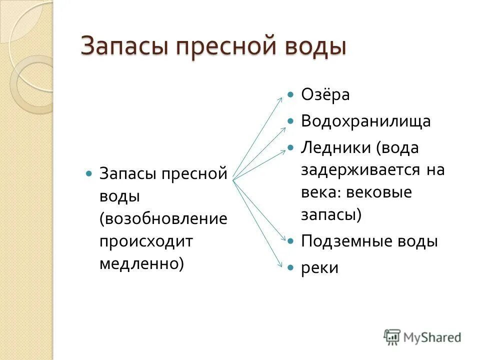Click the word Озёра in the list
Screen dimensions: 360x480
pos(325,94)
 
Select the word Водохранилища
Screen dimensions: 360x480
pos(365,121)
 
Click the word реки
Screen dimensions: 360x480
pos(319,268)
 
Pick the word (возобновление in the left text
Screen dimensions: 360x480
pos(163,218)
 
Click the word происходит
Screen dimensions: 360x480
pos(145,241)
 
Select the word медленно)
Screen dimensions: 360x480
pos(141,263)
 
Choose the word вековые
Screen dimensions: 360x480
pos(384,192)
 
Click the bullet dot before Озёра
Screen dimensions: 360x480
pos(290,94)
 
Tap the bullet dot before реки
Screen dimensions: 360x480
pos(290,268)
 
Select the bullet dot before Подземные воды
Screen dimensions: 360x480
pos(290,241)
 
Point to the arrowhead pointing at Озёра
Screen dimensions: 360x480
pos(280,99)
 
